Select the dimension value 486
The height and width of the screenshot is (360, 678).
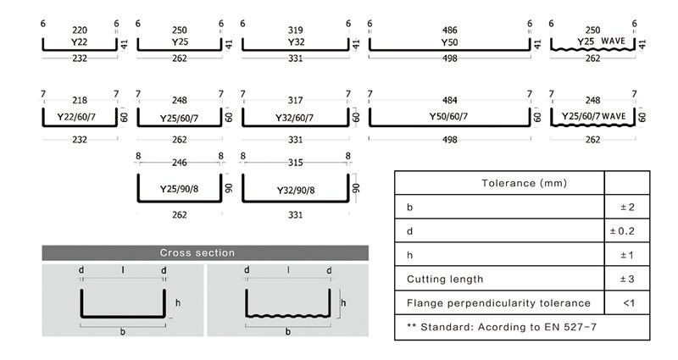point(450,28)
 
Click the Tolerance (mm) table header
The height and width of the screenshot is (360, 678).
point(524,182)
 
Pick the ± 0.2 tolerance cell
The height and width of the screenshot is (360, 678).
point(626,230)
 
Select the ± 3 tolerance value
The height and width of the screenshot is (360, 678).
point(626,279)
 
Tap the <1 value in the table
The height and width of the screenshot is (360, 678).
point(626,302)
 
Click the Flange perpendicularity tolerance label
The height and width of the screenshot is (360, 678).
point(497,302)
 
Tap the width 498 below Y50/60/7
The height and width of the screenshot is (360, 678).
point(450,139)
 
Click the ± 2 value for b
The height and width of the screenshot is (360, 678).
point(626,207)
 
